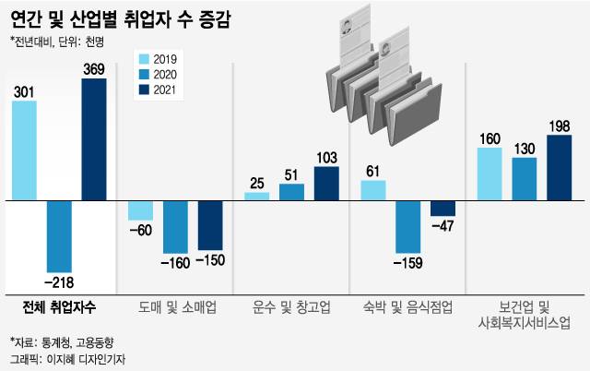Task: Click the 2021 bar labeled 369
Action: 94,138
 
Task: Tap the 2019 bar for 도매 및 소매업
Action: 140,209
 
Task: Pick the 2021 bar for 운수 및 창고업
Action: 326,183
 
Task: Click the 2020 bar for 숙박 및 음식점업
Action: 407,226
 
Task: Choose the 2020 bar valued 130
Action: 525,178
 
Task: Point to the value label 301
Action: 24,90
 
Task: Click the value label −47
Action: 443,225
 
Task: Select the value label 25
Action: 257,183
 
